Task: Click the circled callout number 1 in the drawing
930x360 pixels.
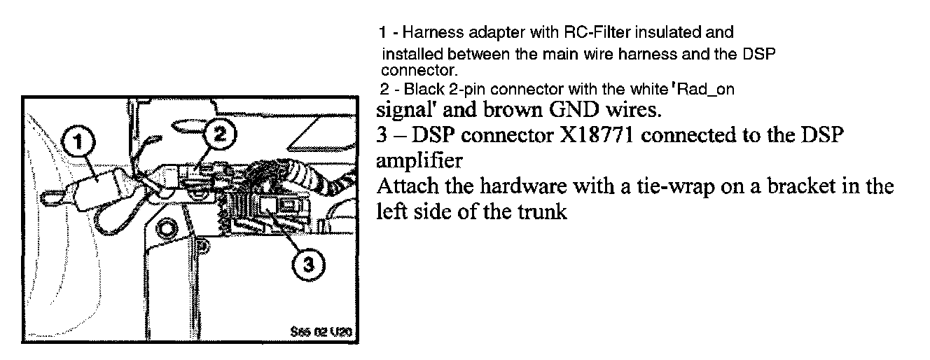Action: click(78, 142)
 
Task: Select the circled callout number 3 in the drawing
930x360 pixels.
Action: click(308, 265)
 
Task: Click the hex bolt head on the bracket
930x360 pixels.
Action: click(167, 228)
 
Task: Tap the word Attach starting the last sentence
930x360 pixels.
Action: click(403, 187)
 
